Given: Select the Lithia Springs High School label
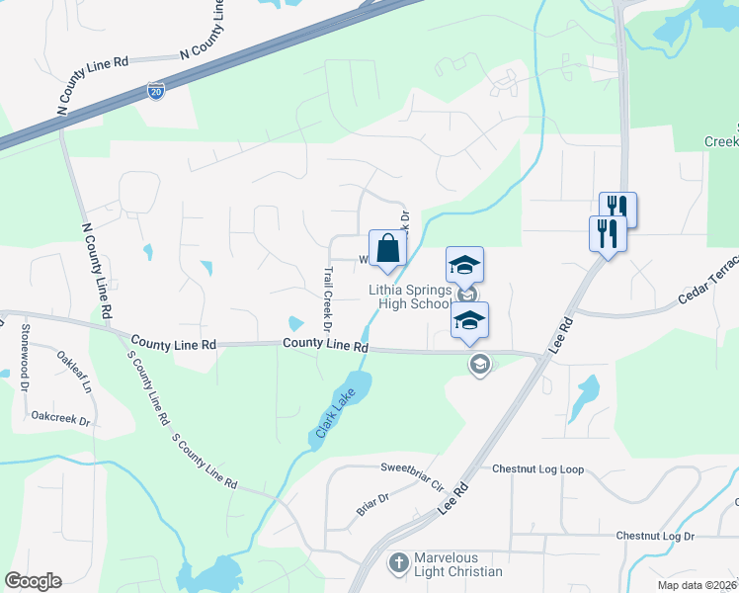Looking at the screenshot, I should pyautogui.click(x=409, y=296).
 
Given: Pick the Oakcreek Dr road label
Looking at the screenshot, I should pyautogui.click(x=60, y=420).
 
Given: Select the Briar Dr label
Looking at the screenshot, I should pyautogui.click(x=372, y=504).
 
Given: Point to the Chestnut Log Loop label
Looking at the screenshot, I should pyautogui.click(x=537, y=468).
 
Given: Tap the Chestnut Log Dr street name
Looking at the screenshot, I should pyautogui.click(x=655, y=536).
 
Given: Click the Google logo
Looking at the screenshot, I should pyautogui.click(x=34, y=580).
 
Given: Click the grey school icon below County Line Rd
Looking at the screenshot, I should pyautogui.click(x=479, y=365).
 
